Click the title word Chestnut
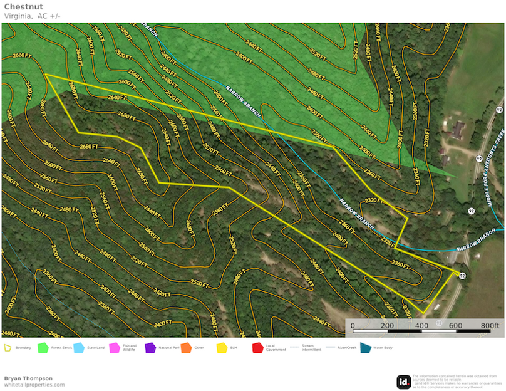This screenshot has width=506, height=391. (23, 7)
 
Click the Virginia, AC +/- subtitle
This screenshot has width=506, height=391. (32, 16)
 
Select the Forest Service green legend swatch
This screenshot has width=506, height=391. (43, 347)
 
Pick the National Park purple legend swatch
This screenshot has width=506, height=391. (150, 347)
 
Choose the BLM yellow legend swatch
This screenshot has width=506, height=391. (221, 347)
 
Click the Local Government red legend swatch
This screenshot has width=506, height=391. (257, 347)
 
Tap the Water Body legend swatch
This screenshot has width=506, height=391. (365, 347)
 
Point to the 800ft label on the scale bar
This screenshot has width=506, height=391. (490, 326)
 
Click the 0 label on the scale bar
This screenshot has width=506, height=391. (353, 326)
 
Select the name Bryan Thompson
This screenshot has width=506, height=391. (28, 378)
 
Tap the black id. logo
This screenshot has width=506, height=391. (403, 382)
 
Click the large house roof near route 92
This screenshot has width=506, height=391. (457, 130)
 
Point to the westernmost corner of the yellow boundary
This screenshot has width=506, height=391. (46, 74)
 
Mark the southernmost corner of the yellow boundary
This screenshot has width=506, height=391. (423, 313)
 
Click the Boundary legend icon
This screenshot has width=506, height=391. (8, 347)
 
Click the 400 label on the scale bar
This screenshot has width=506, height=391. (421, 326)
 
